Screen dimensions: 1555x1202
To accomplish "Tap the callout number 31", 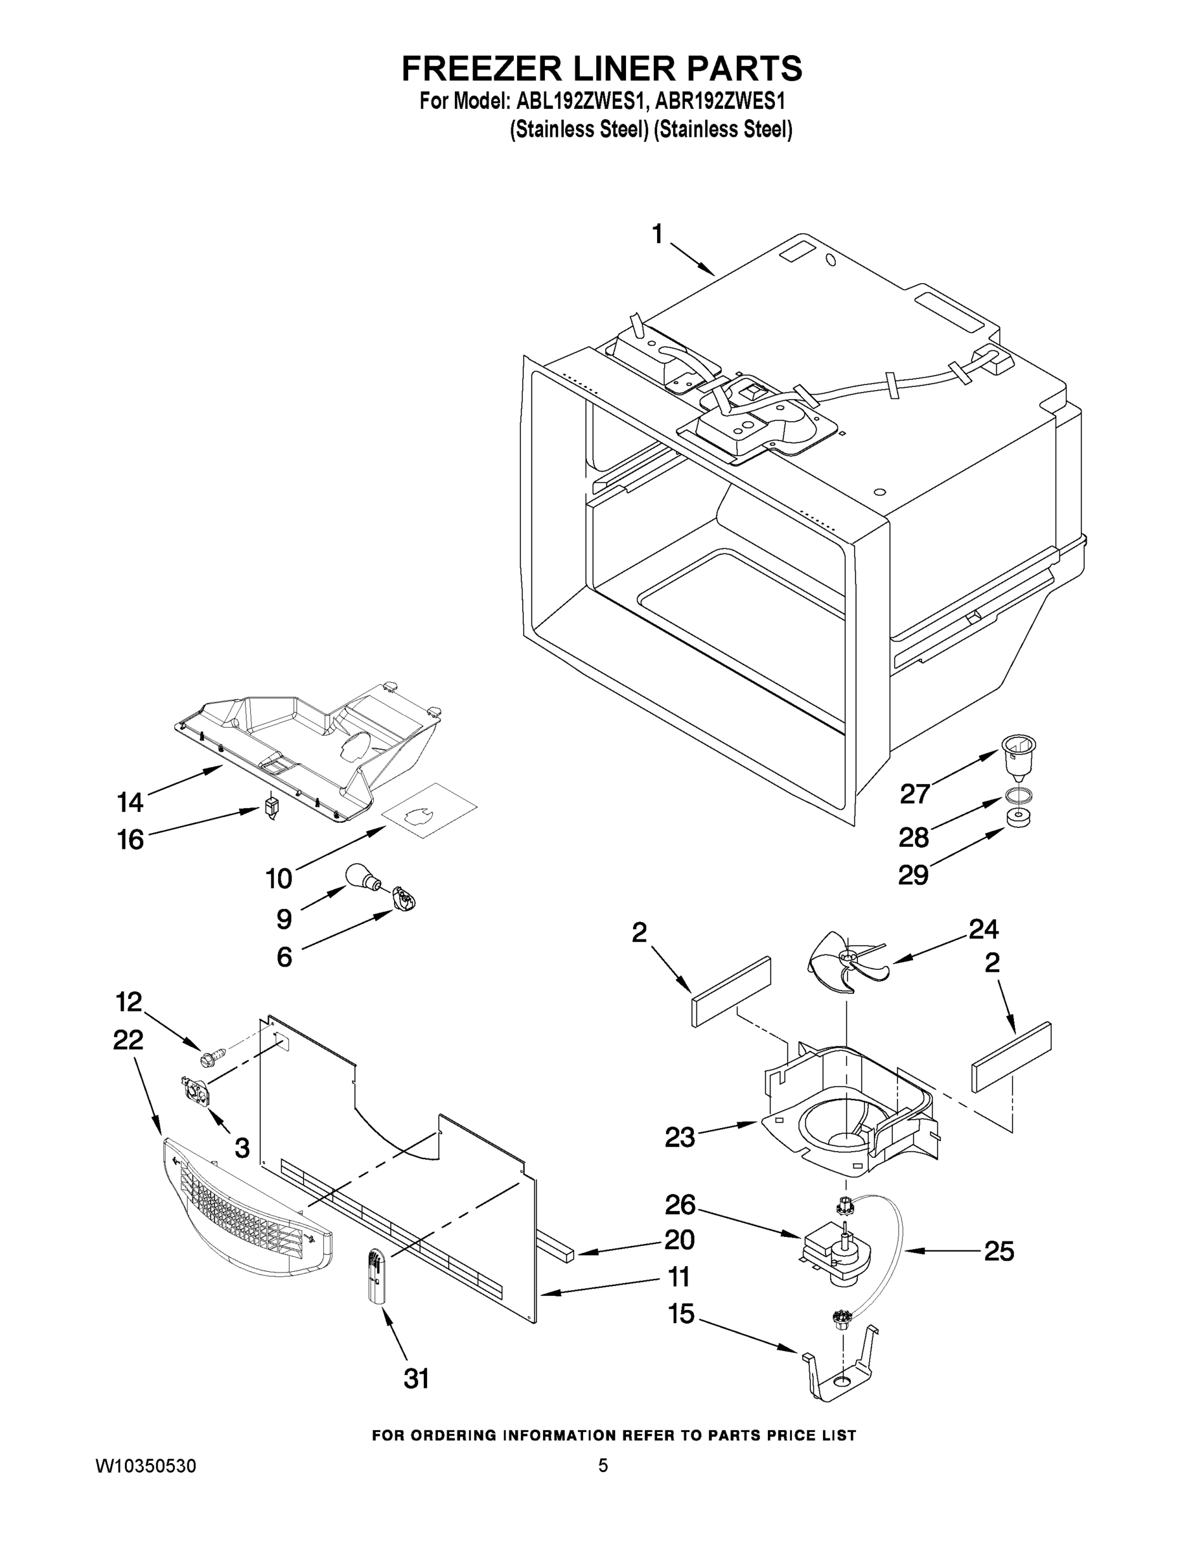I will click(x=417, y=1379).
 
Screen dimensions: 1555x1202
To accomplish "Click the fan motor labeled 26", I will click(x=837, y=1258).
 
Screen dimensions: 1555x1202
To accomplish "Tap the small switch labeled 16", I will click(x=272, y=809).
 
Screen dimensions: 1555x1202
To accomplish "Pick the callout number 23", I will click(x=679, y=1137).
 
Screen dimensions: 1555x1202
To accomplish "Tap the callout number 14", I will click(x=130, y=802).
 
